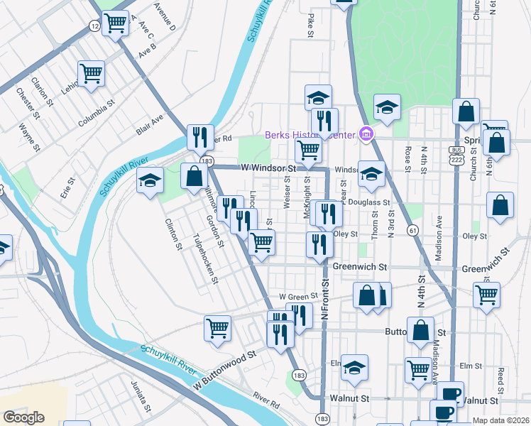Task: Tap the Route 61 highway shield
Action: pos(412,230)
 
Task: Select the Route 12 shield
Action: pos(94,26)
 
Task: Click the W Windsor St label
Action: pos(268,168)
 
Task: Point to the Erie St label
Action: pos(67,190)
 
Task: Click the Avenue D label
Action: pos(165,16)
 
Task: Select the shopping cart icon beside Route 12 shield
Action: pos(115,23)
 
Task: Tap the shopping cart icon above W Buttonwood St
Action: pos(217,328)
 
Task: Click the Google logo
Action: pos(23,417)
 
